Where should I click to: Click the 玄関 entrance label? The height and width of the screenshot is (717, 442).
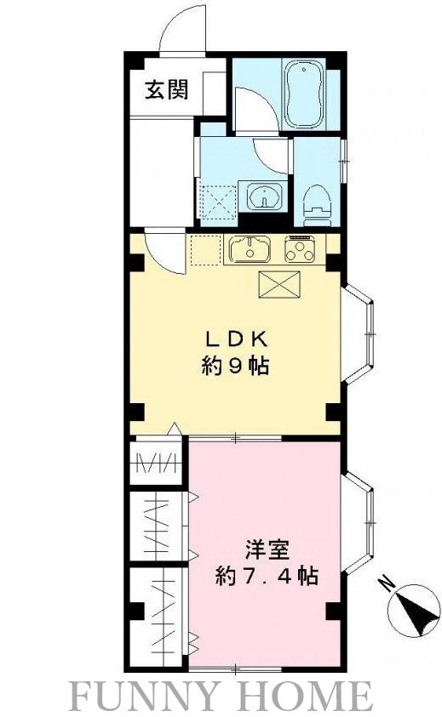[165, 88]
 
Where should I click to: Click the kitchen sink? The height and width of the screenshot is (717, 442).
[250, 250]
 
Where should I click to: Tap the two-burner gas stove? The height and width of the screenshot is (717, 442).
[301, 249]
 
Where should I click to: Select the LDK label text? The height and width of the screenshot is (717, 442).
[230, 338]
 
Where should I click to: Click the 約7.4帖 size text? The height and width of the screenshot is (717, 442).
[267, 576]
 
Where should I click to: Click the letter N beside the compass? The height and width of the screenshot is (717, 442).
[387, 584]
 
